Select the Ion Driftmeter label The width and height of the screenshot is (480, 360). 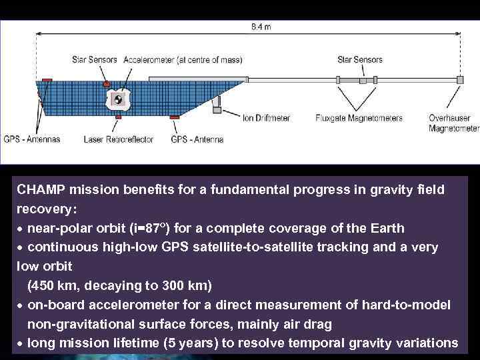266,118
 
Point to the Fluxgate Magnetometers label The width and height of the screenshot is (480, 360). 359,118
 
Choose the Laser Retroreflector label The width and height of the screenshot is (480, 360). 119,139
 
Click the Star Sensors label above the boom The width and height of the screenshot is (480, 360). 360,60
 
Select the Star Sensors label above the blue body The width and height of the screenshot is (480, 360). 95,60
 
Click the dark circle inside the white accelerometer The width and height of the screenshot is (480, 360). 117,101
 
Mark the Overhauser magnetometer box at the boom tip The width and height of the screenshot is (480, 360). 459,80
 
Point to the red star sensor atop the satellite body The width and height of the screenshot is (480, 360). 107,83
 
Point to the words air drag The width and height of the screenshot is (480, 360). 308,323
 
